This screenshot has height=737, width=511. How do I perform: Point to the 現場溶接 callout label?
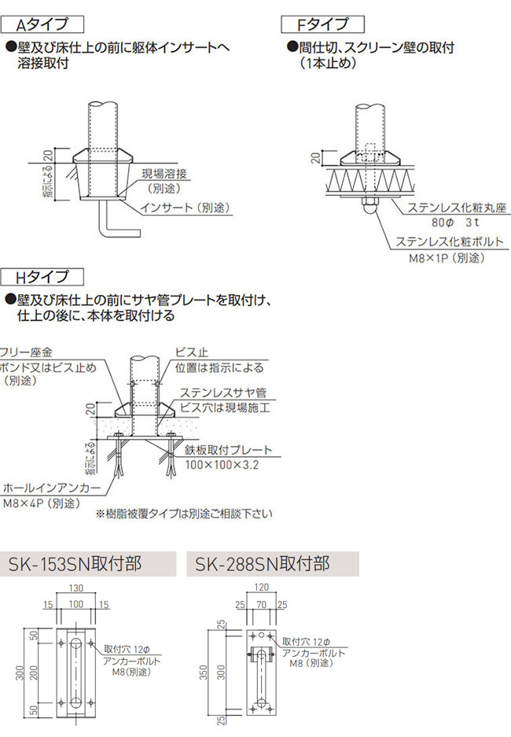(169, 175)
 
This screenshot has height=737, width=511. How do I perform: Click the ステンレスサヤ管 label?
(223, 392)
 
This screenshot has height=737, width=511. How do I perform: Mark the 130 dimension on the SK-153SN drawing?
(77, 588)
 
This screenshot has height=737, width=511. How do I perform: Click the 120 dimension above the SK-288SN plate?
(263, 588)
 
